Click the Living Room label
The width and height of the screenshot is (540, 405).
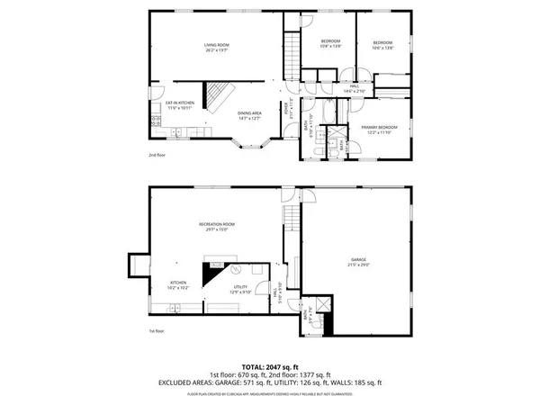tap(213, 47)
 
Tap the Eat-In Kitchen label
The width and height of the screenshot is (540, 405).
tap(174, 104)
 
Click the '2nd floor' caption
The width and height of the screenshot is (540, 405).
tap(157, 155)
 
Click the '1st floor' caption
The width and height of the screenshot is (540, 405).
tap(157, 330)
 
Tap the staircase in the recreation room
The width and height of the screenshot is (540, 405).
tap(290, 218)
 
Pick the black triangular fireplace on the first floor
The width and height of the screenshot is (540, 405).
tap(212, 272)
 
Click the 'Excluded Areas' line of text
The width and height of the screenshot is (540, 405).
tap(270, 382)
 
